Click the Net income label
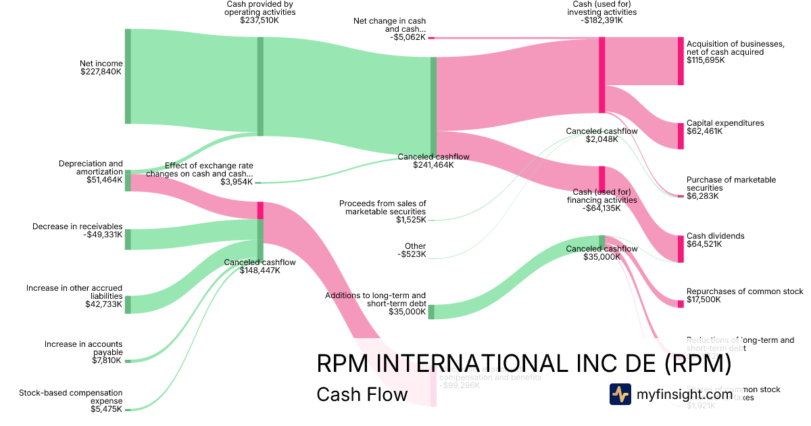101,64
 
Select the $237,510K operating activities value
260,20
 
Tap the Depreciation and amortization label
91,167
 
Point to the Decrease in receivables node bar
128,239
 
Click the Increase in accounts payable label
83,348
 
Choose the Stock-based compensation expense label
71,396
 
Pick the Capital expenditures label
725,123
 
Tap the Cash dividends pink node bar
681,248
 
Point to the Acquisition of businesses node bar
681,61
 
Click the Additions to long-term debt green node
431,312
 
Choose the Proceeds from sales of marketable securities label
383,207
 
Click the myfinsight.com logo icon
620,394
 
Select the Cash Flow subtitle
362,394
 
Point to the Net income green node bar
128,76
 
